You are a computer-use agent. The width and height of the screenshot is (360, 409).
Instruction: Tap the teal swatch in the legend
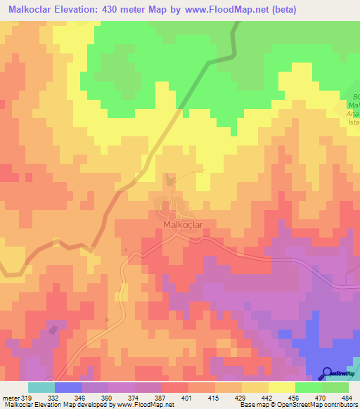(x=41, y=387)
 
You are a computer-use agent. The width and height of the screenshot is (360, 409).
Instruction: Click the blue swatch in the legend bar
(x=68, y=387)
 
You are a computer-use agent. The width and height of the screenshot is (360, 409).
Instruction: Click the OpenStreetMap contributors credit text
(x=319, y=405)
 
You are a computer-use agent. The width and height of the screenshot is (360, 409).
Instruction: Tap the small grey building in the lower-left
(x=53, y=327)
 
